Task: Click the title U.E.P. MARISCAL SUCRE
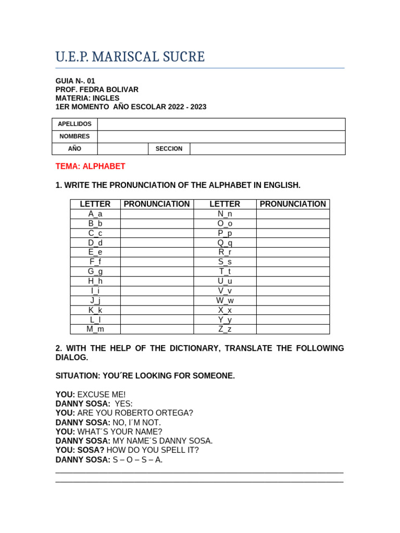pos(130,57)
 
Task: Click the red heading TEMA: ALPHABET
pos(91,167)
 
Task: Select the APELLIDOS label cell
pos(74,124)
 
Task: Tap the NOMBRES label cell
pos(74,136)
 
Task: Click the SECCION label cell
pos(169,149)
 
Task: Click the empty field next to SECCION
pos(267,149)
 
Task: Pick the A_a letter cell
pos(95,214)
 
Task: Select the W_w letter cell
pos(225,300)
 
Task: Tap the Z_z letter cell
pos(225,329)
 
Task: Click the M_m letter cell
pos(95,329)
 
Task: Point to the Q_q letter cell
pos(225,243)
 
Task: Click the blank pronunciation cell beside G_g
pos(157,272)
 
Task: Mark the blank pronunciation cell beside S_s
pos(293,262)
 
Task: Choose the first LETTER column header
pos(95,204)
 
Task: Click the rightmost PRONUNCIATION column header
pos(293,204)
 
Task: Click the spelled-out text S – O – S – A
pos(137,460)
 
